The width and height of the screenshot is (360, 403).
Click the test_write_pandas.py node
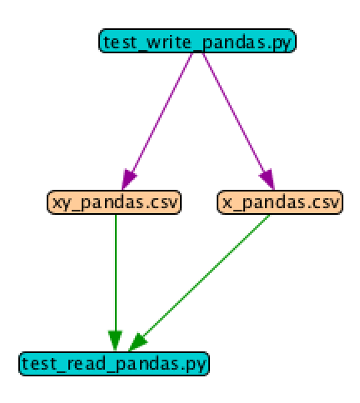[x=197, y=41]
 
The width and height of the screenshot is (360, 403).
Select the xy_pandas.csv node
[x=115, y=201]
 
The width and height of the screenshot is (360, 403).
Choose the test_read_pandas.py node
[x=115, y=363]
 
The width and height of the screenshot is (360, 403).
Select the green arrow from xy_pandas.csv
[x=115, y=275]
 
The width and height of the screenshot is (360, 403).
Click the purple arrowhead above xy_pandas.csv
[x=128, y=180]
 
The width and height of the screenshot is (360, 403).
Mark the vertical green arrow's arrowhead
[x=115, y=341]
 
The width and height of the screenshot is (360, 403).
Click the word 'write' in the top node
[x=157, y=41]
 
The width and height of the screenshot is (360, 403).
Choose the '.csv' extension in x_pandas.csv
[x=322, y=201]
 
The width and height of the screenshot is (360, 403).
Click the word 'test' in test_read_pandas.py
[x=37, y=363]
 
